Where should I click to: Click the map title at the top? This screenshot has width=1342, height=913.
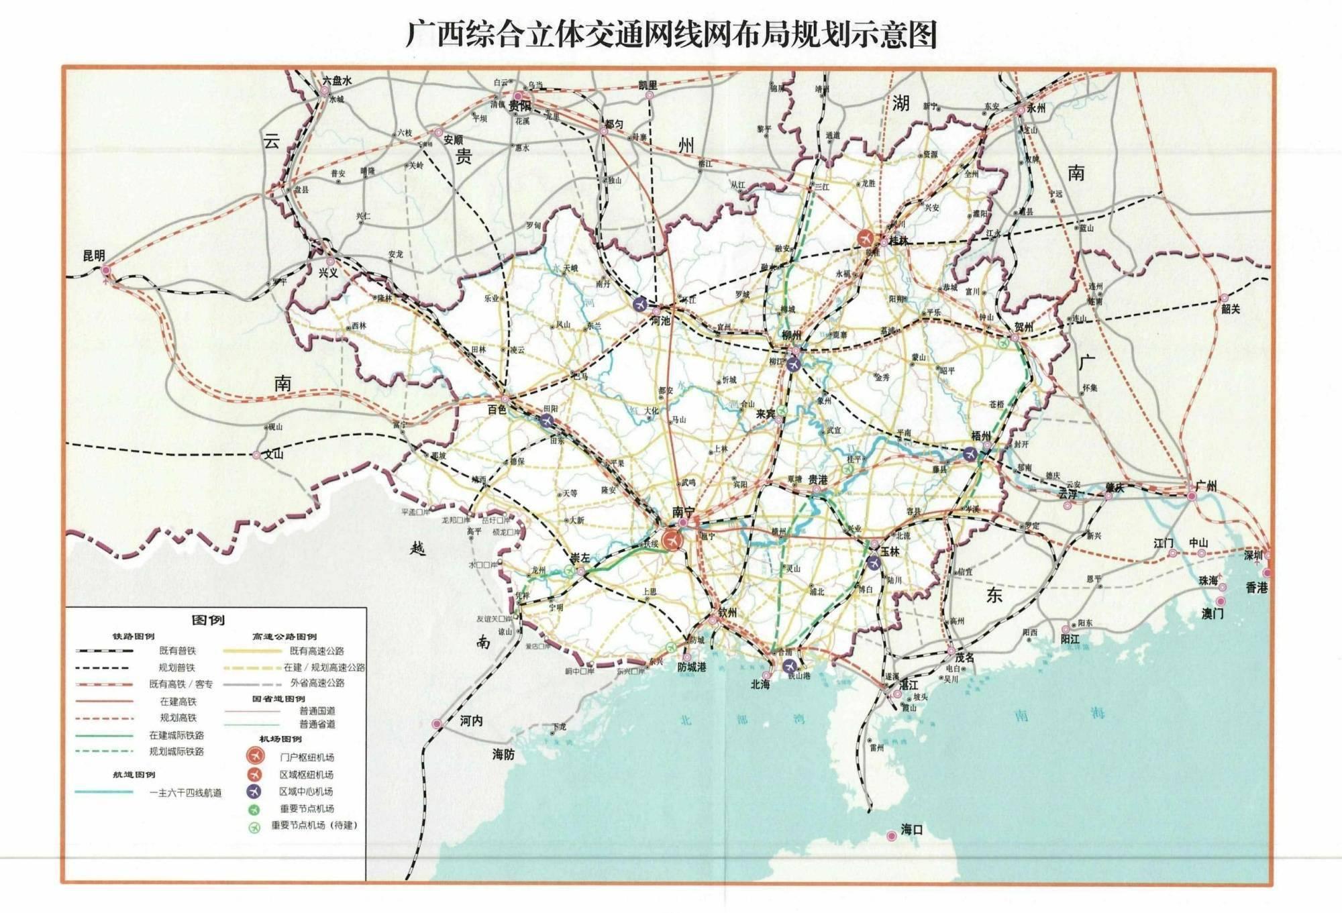[671, 34]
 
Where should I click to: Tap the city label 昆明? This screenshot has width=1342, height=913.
[94, 256]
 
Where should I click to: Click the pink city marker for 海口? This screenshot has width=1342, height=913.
[891, 835]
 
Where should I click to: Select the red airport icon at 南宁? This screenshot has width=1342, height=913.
[670, 539]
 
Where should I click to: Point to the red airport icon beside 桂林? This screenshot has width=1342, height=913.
[866, 238]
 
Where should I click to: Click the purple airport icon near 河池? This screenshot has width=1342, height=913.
[641, 304]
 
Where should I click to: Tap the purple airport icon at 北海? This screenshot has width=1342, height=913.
[790, 666]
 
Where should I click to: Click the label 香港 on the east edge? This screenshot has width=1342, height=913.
[1256, 588]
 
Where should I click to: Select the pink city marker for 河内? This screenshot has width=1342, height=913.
[437, 724]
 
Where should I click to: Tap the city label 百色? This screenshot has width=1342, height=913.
[497, 409]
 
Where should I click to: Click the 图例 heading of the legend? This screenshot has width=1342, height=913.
[208, 620]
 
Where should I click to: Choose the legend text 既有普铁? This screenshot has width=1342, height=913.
[177, 651]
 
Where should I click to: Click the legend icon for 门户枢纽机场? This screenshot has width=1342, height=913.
[254, 756]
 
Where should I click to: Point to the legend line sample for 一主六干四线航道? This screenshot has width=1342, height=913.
[104, 792]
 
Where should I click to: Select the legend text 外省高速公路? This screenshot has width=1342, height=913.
[317, 683]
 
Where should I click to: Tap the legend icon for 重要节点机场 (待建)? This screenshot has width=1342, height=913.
[254, 826]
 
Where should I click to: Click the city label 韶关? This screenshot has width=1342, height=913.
[1231, 309]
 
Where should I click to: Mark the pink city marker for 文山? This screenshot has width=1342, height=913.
[256, 455]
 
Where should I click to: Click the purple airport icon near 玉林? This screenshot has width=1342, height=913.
[873, 562]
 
